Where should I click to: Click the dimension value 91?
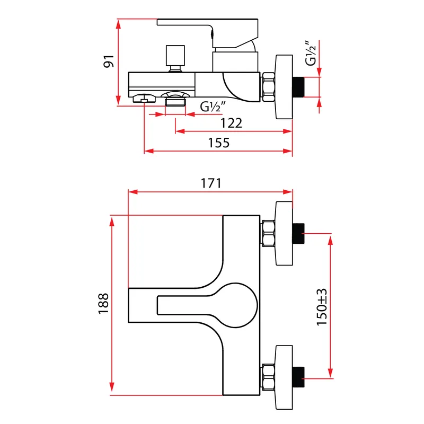109,61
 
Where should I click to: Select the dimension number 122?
231,123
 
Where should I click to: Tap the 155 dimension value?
219,143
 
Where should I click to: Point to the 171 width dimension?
211,183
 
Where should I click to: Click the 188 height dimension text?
103,303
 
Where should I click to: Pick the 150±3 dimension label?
322,307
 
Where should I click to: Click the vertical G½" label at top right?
311,54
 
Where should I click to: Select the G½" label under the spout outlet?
213,107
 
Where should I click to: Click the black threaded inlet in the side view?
298,87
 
